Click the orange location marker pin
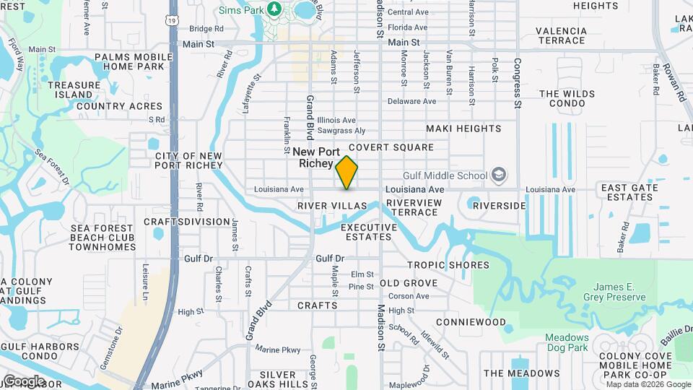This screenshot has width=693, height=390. coord(347,173)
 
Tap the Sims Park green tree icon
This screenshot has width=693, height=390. coord(274,8)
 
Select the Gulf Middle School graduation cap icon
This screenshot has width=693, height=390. coord(498,175)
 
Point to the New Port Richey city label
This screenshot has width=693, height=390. coord(316,157)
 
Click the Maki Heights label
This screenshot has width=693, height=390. coord(463,129)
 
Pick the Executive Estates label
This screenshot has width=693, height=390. coord(369,232)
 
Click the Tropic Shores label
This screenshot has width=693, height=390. coord(448,265)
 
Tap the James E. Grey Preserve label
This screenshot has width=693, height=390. coord(614,292)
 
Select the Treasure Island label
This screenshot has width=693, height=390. coord(74,90)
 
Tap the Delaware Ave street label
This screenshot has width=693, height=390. coord(411,101)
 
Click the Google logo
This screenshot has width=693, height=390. coord(23,381)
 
